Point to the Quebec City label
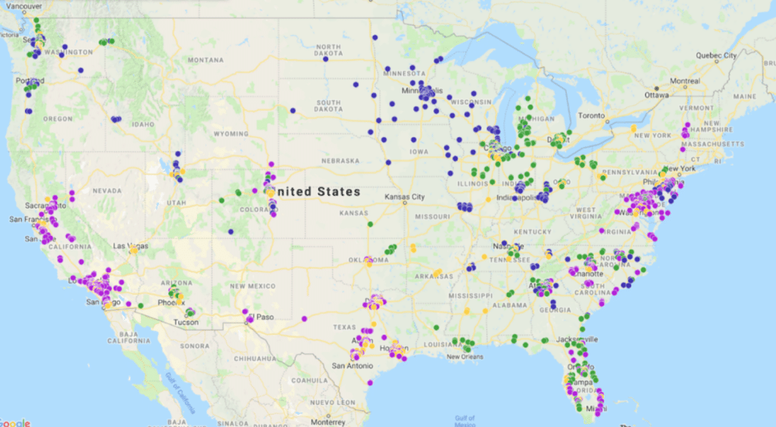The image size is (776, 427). coord(718,55)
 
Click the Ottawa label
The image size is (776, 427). coord(656,96)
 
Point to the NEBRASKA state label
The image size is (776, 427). coord(339,161)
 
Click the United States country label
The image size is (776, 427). coord(318,192)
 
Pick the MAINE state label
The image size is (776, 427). coord(745,96)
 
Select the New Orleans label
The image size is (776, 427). coord(464,356)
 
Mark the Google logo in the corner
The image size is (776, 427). coord(15,422)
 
